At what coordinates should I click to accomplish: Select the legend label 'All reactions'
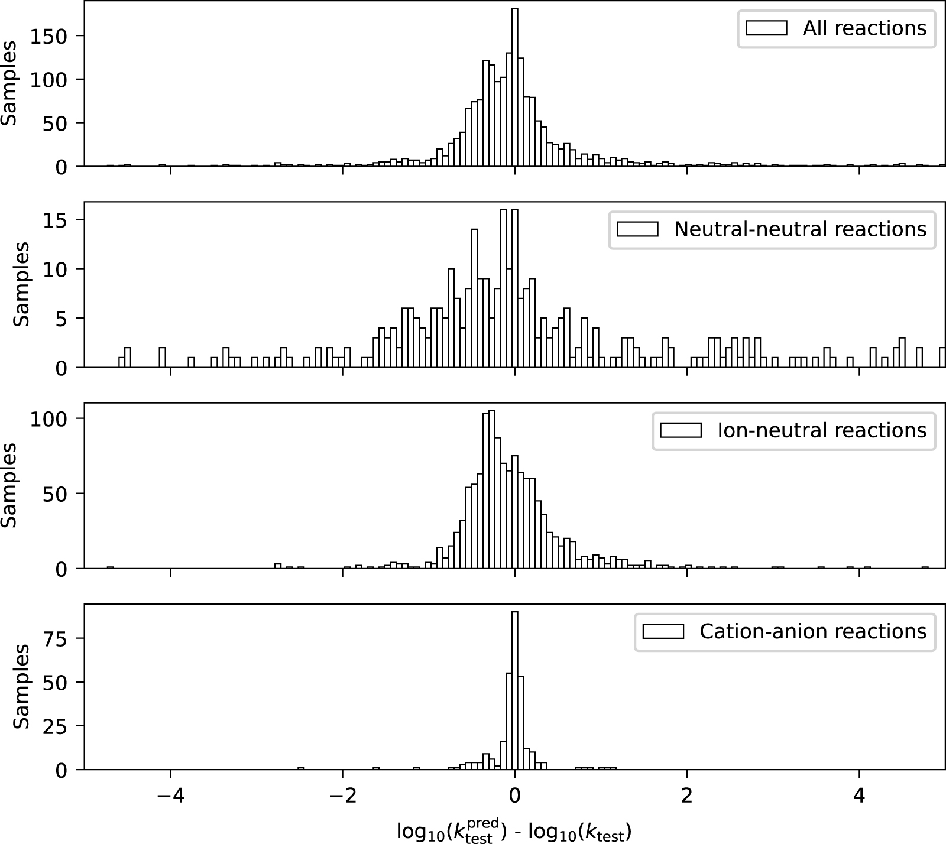click(x=864, y=28)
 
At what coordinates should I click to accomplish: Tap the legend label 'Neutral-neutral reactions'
click(x=800, y=229)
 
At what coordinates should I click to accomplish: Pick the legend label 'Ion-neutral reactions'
click(x=821, y=430)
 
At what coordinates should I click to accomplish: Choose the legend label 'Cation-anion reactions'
click(x=812, y=631)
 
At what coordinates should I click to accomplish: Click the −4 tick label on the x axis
click(x=170, y=796)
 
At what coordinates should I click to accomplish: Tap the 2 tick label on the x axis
click(x=687, y=796)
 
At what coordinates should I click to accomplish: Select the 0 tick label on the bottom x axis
click(x=514, y=796)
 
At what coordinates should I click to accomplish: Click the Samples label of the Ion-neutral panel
click(x=8, y=485)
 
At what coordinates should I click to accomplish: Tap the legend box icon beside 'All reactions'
click(x=766, y=28)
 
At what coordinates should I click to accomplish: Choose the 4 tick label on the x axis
click(x=859, y=796)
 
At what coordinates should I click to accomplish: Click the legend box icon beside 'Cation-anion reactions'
click(x=663, y=631)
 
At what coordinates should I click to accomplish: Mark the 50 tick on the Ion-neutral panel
click(x=59, y=494)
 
